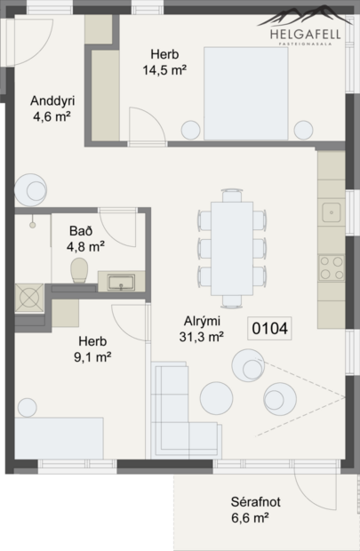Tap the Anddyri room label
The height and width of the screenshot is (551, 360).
click(51, 100)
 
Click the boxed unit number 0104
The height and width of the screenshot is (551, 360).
click(270, 328)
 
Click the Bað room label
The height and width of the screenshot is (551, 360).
click(79, 231)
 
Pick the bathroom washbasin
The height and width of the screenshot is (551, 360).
click(119, 283)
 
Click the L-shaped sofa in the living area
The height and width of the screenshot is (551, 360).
click(178, 409)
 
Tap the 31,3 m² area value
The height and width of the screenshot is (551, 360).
click(202, 336)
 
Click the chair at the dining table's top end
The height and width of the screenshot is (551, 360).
click(231, 195)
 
